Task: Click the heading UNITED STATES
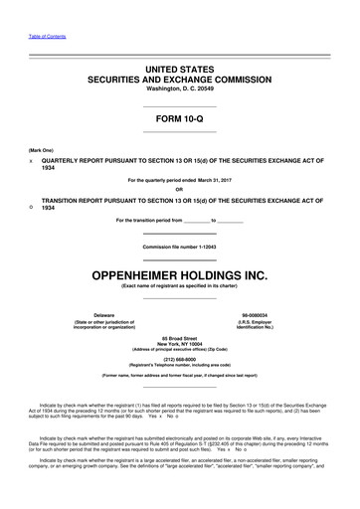[180, 65]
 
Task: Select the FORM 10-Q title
[180, 119]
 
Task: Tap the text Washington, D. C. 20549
[180, 88]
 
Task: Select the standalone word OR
[180, 190]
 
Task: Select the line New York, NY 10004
[180, 347]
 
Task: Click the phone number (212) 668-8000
[180, 362]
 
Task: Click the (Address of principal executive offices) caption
[180, 353]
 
